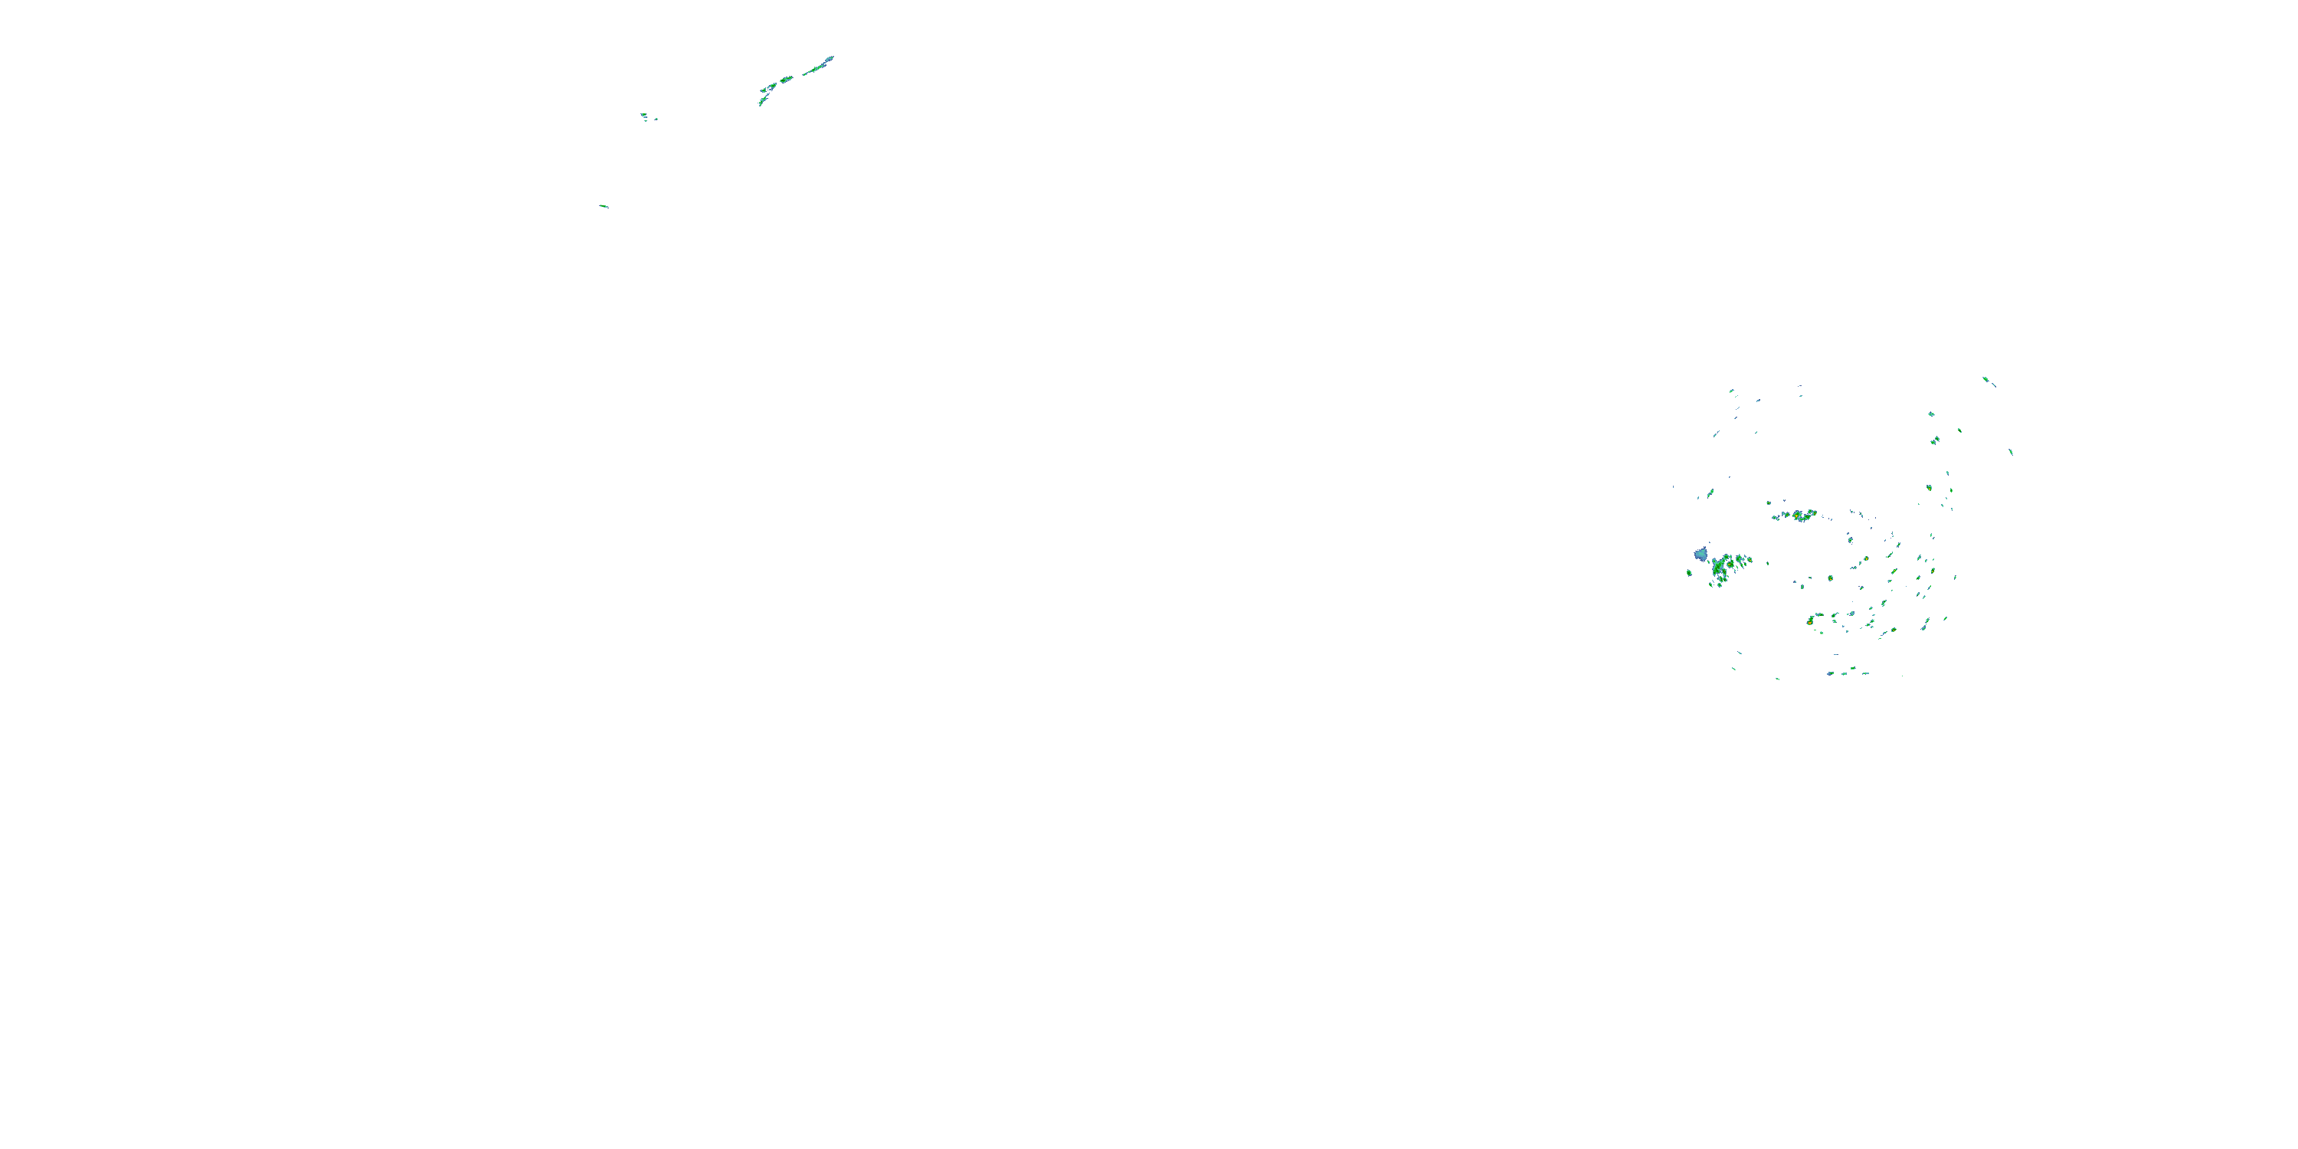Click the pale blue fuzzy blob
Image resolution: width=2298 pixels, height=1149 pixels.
[x=1701, y=555]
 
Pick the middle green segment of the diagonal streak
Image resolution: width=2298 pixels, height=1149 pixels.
[x=786, y=80]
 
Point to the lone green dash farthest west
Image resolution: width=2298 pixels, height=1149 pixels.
[x=604, y=206]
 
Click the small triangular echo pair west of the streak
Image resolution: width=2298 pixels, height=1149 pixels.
[x=645, y=116]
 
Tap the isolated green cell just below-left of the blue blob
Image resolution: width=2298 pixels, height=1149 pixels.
[x=1689, y=573]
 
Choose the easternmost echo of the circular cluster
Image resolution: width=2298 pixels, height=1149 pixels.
[x=2011, y=451]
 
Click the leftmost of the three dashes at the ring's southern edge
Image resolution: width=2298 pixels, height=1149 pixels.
[x=1831, y=673]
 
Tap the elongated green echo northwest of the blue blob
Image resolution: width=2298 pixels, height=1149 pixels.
[x=1711, y=493]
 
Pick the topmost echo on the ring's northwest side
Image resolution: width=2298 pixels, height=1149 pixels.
[x=1731, y=391]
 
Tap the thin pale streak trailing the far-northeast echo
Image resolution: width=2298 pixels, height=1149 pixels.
[x=1994, y=385]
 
